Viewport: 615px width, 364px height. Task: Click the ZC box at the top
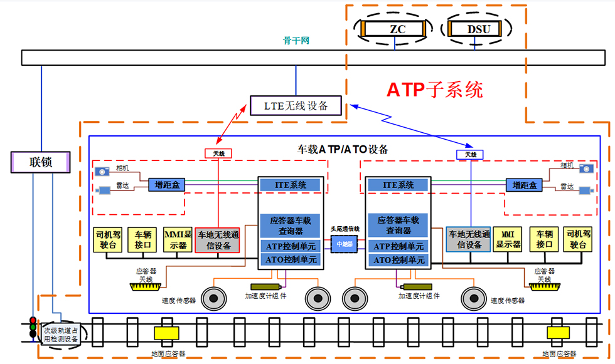click(x=394, y=28)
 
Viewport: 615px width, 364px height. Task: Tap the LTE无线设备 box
click(x=297, y=105)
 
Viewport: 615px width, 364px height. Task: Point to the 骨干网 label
click(x=296, y=41)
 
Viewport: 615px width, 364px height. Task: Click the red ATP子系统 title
click(x=434, y=90)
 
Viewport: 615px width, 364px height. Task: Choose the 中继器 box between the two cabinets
click(x=345, y=244)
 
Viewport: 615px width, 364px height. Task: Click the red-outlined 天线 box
click(x=218, y=153)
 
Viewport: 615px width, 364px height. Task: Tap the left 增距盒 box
click(x=166, y=185)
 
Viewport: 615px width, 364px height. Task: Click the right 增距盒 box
click(x=523, y=185)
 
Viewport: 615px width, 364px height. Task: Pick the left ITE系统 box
click(x=292, y=185)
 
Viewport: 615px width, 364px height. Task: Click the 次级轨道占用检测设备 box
click(x=60, y=334)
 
